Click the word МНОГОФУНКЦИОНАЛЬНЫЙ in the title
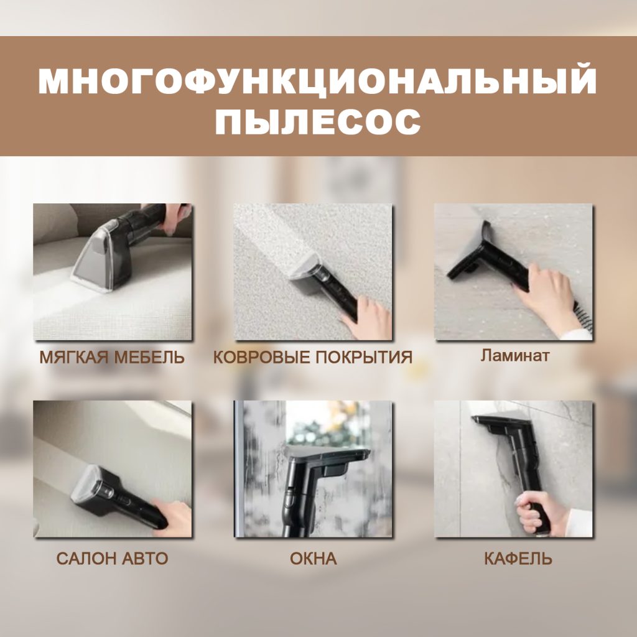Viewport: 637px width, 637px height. (318, 81)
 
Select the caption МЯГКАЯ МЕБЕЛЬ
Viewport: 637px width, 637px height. (112, 358)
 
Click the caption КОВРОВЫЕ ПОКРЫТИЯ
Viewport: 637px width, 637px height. (313, 358)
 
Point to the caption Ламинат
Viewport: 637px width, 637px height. (514, 356)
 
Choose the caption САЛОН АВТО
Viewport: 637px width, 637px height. (112, 558)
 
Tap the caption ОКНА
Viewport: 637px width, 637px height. (313, 558)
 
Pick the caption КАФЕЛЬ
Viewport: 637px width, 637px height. (518, 558)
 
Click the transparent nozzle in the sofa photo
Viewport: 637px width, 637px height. (93, 261)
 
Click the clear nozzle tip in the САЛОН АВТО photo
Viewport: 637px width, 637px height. (84, 491)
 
